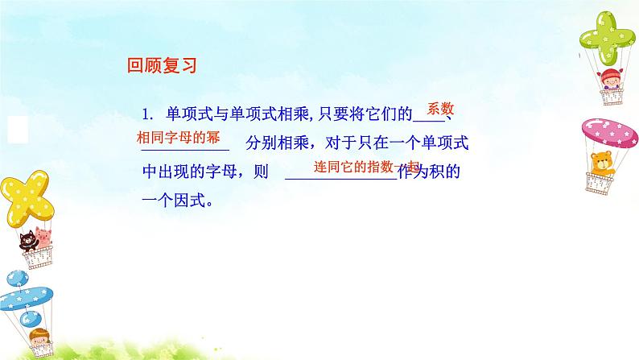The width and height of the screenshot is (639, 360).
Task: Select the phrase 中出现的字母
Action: (183, 173)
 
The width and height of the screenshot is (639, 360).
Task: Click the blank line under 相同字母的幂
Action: (185, 149)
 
